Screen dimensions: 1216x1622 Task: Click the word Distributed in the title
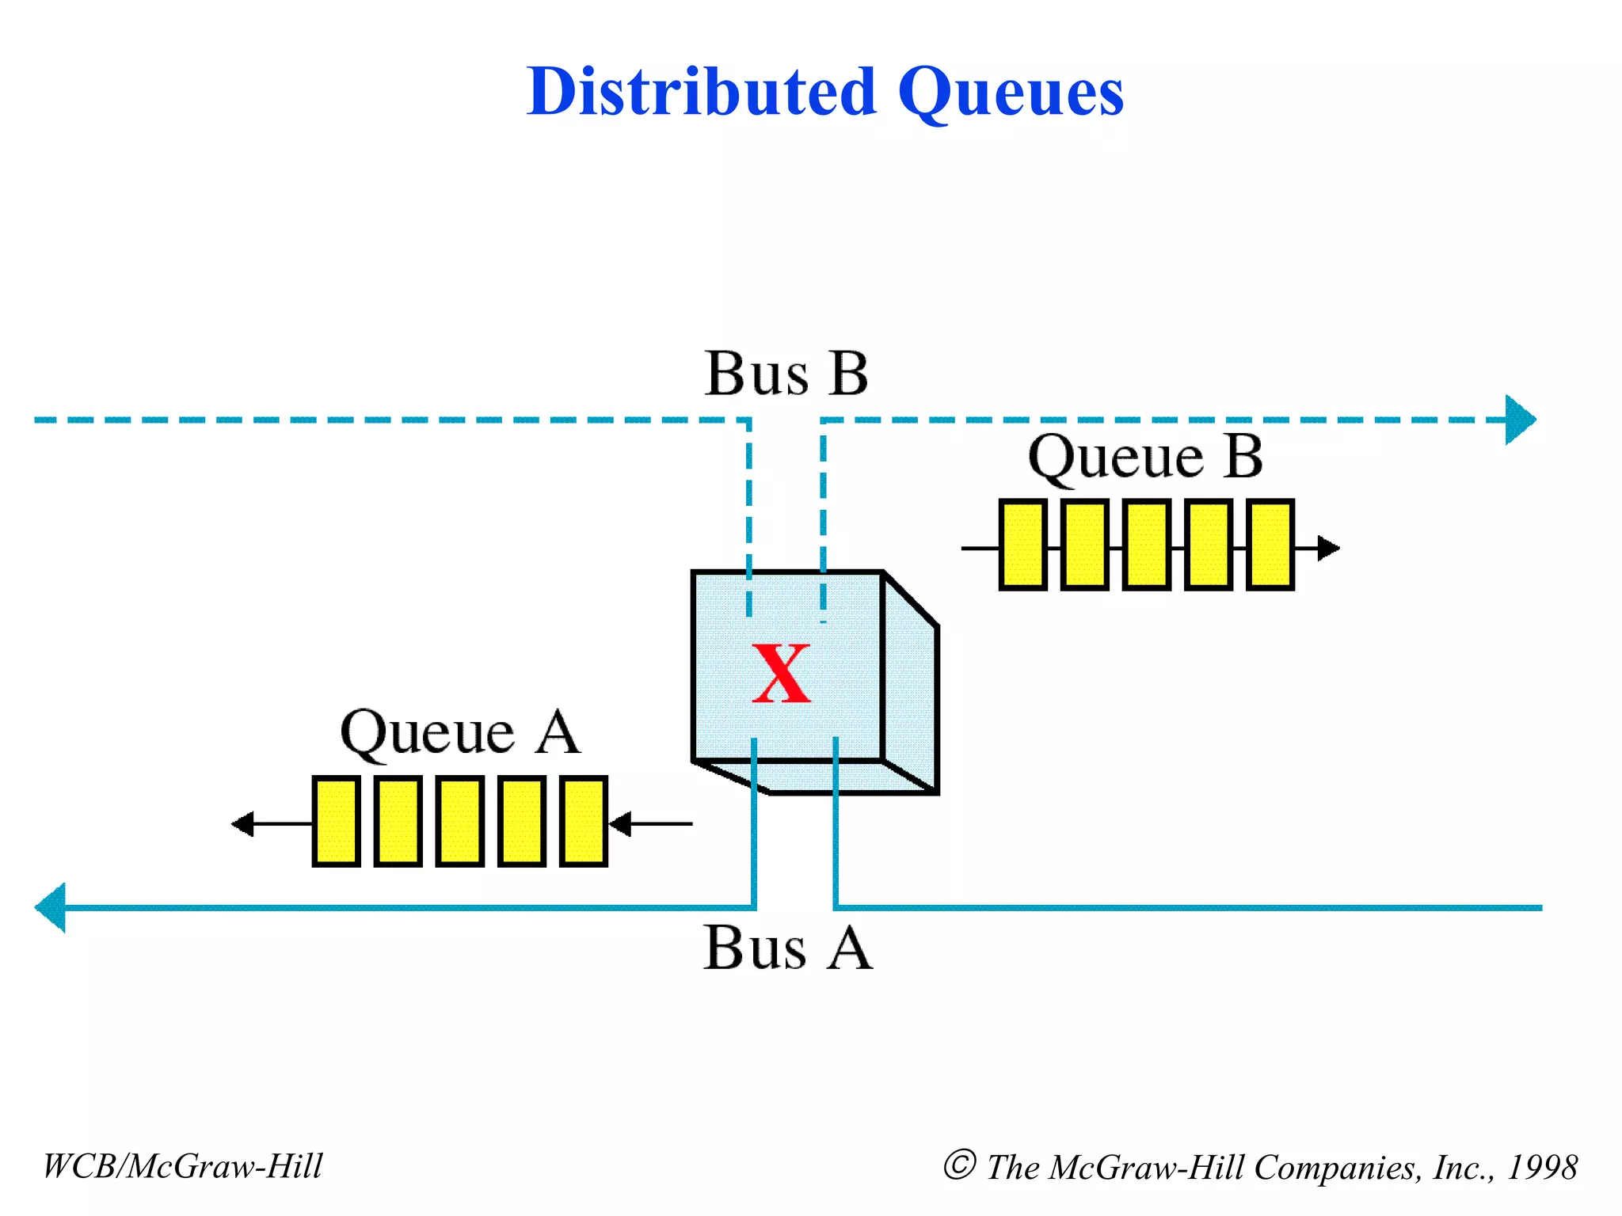[x=701, y=92]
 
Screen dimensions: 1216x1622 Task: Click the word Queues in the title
[x=1011, y=93]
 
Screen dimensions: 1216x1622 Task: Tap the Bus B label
[x=786, y=374]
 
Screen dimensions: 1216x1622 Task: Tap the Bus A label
[x=787, y=948]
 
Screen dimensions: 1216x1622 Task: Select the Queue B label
[x=1145, y=458]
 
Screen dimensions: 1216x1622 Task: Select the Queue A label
[x=460, y=733]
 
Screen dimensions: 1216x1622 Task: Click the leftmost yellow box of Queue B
[x=1022, y=545]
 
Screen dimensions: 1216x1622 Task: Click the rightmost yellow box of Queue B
[x=1270, y=545]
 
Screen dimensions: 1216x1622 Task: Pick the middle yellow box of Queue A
[x=459, y=821]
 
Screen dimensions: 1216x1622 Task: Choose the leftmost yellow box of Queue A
[x=336, y=821]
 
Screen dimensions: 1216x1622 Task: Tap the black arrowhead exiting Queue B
[x=1328, y=547]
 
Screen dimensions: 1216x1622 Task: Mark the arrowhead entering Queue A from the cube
[x=620, y=823]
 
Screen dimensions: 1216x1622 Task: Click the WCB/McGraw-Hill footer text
[x=183, y=1166]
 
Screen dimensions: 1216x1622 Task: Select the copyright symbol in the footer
[x=959, y=1165]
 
